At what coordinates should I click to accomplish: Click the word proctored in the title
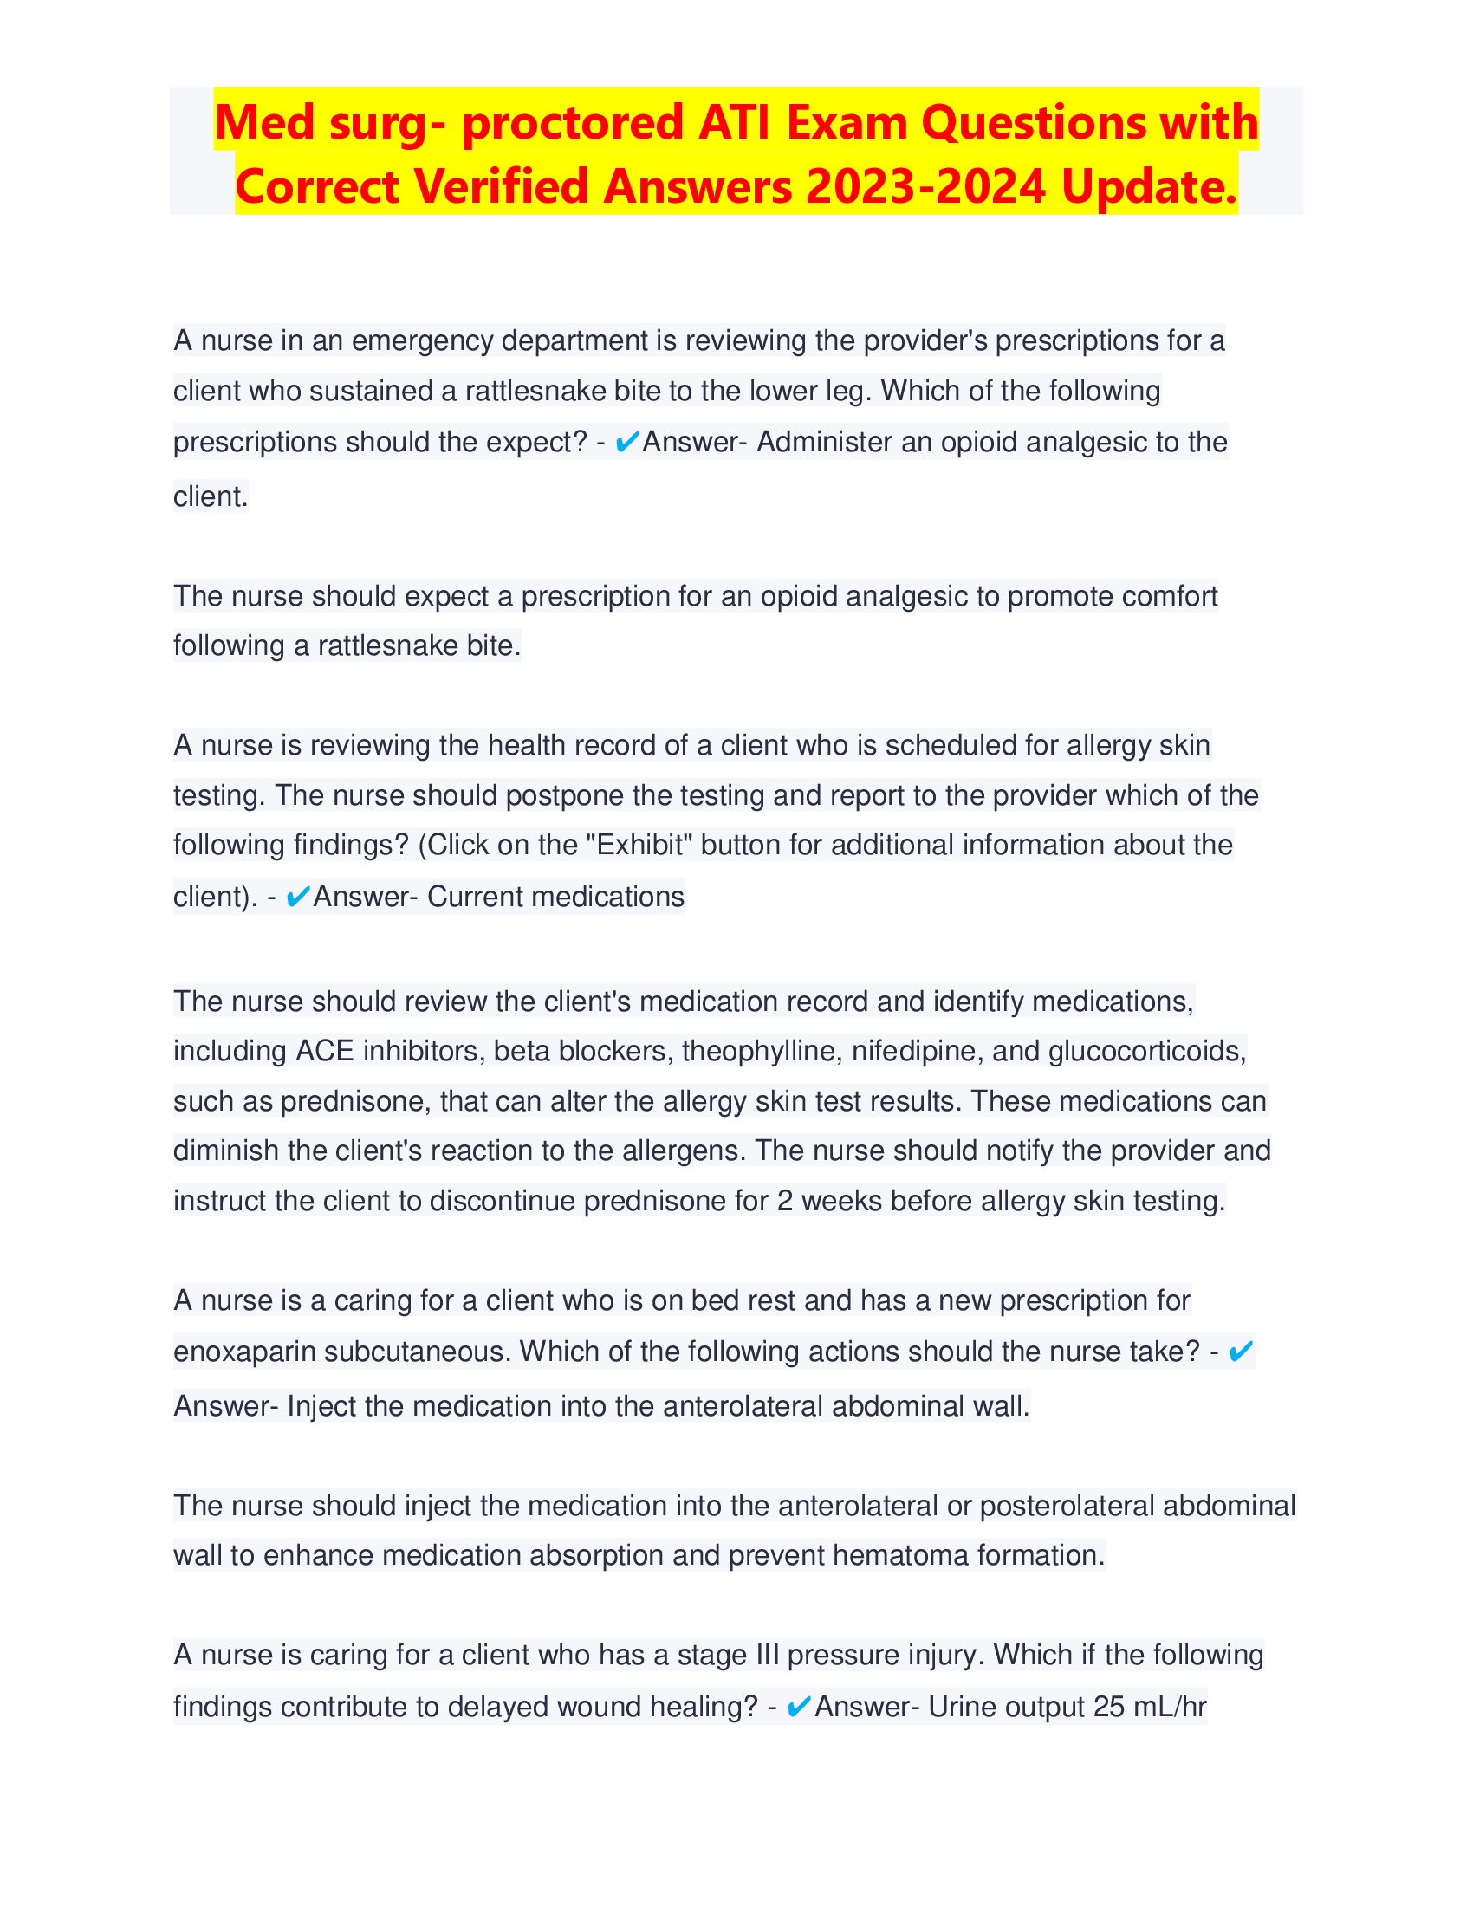pos(573,122)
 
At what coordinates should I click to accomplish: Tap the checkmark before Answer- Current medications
pos(297,897)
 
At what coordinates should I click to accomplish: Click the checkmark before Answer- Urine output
pos(799,1706)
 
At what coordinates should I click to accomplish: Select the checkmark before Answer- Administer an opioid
pos(626,443)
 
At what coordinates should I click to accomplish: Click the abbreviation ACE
pos(325,1050)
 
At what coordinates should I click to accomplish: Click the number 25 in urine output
pos(1108,1706)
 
